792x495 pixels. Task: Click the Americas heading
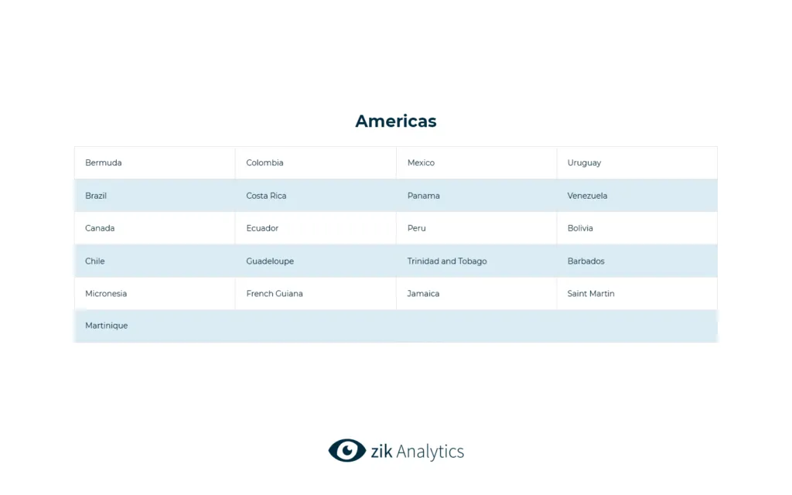tap(395, 121)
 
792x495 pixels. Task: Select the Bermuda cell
tap(104, 163)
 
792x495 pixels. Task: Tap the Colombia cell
tap(265, 163)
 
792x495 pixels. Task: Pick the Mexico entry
tap(421, 163)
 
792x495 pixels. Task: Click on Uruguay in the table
tap(584, 163)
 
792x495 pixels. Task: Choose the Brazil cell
tap(96, 196)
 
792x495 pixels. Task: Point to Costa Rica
tap(266, 196)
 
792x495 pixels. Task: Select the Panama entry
tap(423, 196)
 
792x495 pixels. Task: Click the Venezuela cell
tap(587, 196)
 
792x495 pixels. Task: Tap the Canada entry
tap(100, 228)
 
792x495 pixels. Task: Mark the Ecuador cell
tap(262, 228)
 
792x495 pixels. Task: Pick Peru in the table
tap(416, 228)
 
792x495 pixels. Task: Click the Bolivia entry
tap(580, 228)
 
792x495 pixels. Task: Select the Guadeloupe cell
tap(270, 261)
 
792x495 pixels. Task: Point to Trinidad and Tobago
tap(447, 261)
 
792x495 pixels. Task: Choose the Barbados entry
tap(585, 261)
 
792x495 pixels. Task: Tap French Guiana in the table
tap(275, 294)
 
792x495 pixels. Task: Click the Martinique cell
tap(107, 326)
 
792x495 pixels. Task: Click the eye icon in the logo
tap(346, 451)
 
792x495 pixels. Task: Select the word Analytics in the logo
tap(430, 452)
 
